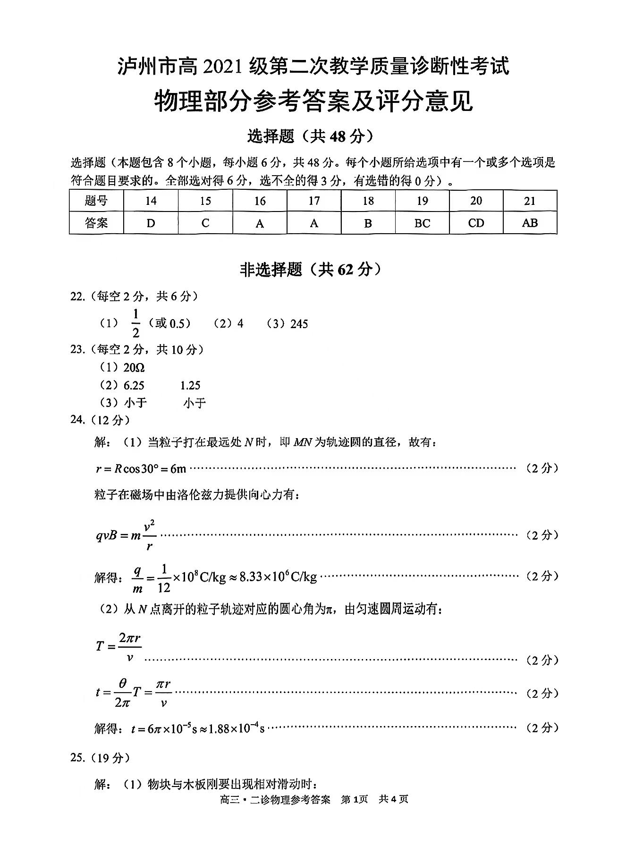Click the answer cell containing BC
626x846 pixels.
point(422,223)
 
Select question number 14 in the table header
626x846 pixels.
point(151,201)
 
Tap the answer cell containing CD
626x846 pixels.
point(476,223)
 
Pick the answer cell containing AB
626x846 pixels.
point(530,223)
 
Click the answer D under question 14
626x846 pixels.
point(151,223)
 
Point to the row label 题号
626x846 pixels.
point(96,201)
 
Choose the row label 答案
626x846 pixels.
point(96,223)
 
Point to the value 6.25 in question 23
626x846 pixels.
point(134,385)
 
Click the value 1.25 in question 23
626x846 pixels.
point(190,385)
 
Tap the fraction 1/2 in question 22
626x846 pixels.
point(136,323)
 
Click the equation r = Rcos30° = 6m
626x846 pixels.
point(141,469)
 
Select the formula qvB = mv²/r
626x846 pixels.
point(126,535)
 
